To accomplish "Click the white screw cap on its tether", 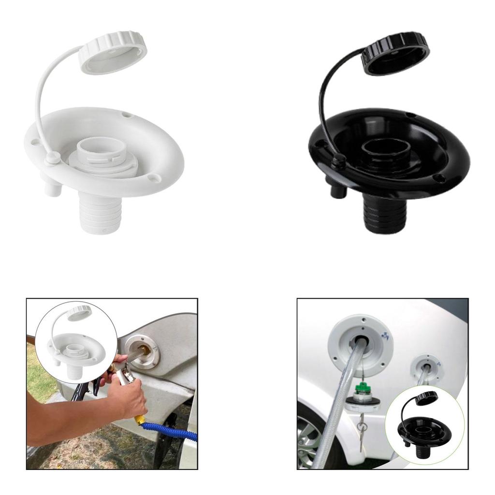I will tap(113, 52).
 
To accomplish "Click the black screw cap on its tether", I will tap(395, 53).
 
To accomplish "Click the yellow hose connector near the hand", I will tap(140, 419).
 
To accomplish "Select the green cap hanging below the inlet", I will tap(360, 389).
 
